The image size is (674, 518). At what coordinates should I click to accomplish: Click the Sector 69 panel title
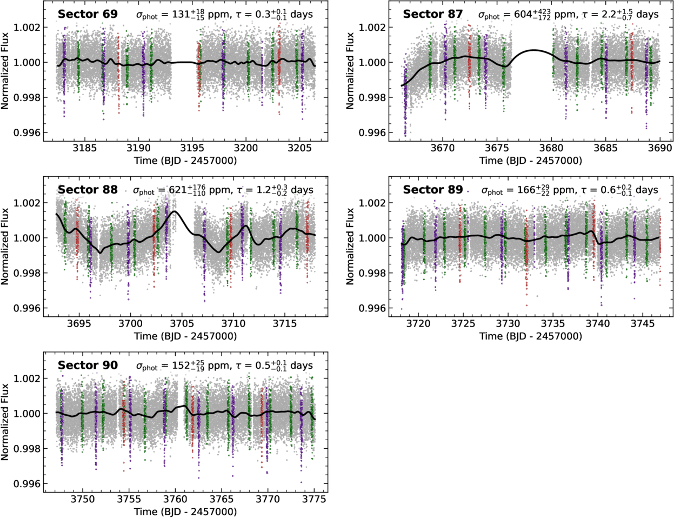coord(88,14)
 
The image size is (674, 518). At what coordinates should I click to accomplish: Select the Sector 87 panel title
coord(432,14)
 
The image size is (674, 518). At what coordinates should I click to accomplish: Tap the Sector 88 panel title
coord(88,190)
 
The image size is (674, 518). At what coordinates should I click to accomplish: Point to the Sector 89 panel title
coord(432,190)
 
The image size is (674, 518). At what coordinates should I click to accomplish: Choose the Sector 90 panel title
coord(88,366)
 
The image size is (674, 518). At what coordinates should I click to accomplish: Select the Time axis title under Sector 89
coord(530,336)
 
